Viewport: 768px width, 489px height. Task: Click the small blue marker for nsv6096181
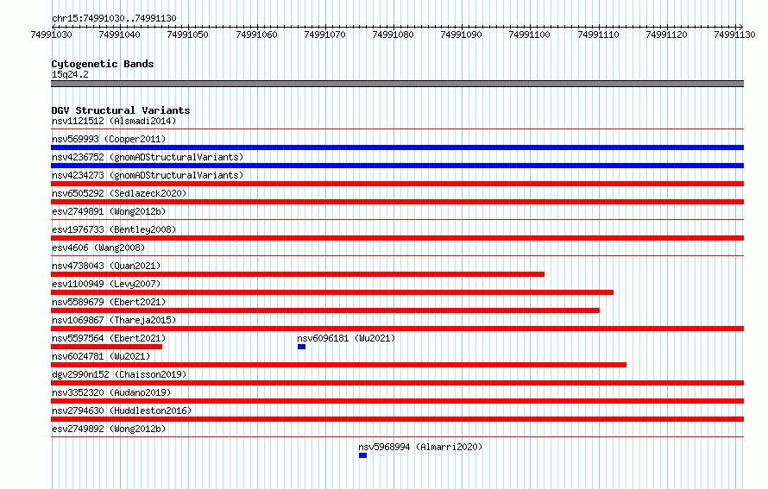tap(301, 347)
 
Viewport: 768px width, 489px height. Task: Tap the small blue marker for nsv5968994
tap(362, 455)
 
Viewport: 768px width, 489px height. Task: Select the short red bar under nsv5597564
tap(107, 347)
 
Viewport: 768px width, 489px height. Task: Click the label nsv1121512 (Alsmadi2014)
tap(114, 121)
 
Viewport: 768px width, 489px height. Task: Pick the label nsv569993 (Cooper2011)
tap(109, 139)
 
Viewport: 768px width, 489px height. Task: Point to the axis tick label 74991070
tap(324, 34)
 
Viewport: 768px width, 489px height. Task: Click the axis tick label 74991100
tap(530, 34)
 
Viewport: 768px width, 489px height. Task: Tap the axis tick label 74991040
tap(119, 34)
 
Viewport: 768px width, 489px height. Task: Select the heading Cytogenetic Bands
tap(103, 64)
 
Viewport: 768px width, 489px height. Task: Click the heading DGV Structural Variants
tap(121, 110)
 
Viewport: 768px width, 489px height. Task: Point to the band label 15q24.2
tap(70, 74)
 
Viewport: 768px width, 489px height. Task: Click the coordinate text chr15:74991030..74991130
tap(114, 18)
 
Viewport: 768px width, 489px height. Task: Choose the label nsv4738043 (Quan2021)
tap(106, 266)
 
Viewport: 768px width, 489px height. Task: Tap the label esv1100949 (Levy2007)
tap(106, 284)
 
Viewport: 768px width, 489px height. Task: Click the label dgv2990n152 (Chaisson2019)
tap(119, 374)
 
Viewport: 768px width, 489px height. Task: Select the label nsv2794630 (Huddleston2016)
tap(122, 411)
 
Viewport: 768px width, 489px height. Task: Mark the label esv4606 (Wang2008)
tap(98, 248)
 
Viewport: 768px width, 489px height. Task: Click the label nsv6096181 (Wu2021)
tap(346, 338)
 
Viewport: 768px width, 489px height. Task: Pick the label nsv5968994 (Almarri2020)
tap(420, 447)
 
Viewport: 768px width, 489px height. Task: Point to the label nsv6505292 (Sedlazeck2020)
tap(119, 193)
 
